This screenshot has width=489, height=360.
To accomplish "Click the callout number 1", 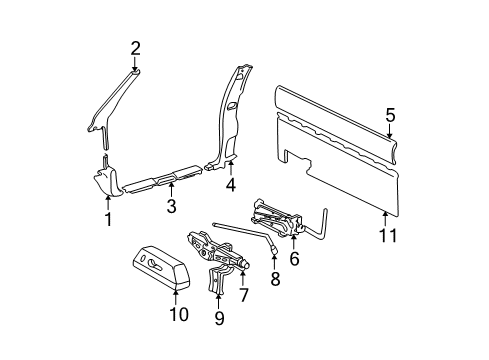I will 106,217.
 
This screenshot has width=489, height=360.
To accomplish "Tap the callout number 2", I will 136,46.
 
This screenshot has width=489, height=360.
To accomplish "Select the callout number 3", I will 171,207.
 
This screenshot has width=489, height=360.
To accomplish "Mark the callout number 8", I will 275,282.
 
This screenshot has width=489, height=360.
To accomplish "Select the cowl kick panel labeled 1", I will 107,183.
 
